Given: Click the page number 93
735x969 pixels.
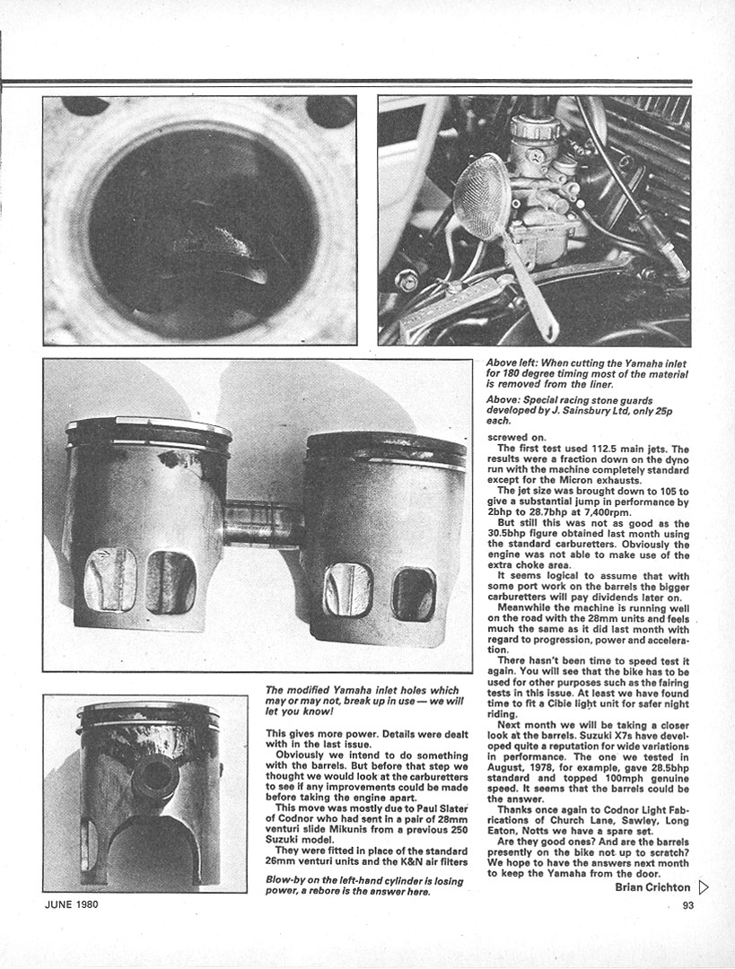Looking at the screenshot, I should (x=687, y=904).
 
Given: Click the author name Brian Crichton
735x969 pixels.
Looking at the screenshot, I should (x=653, y=887).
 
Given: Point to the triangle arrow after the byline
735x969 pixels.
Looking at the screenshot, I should (x=704, y=887).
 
